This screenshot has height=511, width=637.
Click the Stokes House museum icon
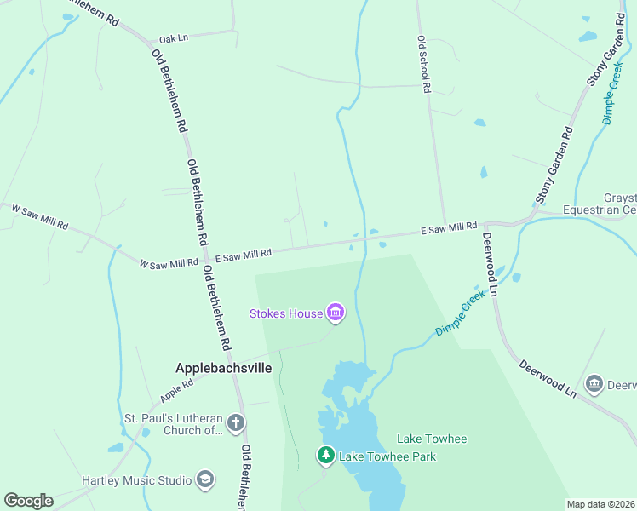tap(336, 313)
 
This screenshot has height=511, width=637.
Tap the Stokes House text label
tap(286, 313)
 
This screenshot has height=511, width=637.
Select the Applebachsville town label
tap(223, 368)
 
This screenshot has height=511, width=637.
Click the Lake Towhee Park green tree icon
tap(325, 456)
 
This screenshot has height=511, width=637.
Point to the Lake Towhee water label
tap(432, 439)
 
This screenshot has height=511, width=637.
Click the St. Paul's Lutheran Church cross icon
tap(237, 423)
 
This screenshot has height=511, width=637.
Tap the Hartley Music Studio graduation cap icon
tap(204, 480)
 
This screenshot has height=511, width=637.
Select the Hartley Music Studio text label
tap(136, 480)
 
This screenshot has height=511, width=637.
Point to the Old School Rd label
tap(423, 64)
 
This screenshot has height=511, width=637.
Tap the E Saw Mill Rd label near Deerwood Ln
tap(449, 228)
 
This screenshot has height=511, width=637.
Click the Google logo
tap(28, 501)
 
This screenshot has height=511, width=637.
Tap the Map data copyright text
tap(600, 504)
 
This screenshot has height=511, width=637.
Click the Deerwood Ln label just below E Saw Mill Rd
tap(492, 264)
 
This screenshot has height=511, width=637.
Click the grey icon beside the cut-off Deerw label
tap(594, 384)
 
